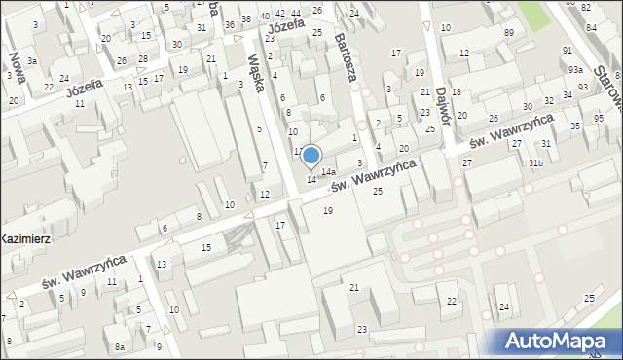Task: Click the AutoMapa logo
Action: [x=559, y=340]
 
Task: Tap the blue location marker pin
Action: [x=311, y=157]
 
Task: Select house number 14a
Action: [x=329, y=171]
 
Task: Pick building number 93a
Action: [x=576, y=70]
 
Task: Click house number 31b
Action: [x=535, y=162]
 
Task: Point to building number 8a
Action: [x=120, y=346]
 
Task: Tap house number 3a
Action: [x=32, y=61]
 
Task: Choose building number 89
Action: [x=509, y=33]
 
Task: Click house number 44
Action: [x=295, y=13]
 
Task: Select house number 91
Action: [x=568, y=50]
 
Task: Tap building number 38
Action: [x=246, y=19]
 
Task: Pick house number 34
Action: [x=568, y=95]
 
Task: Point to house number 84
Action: [x=587, y=8]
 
